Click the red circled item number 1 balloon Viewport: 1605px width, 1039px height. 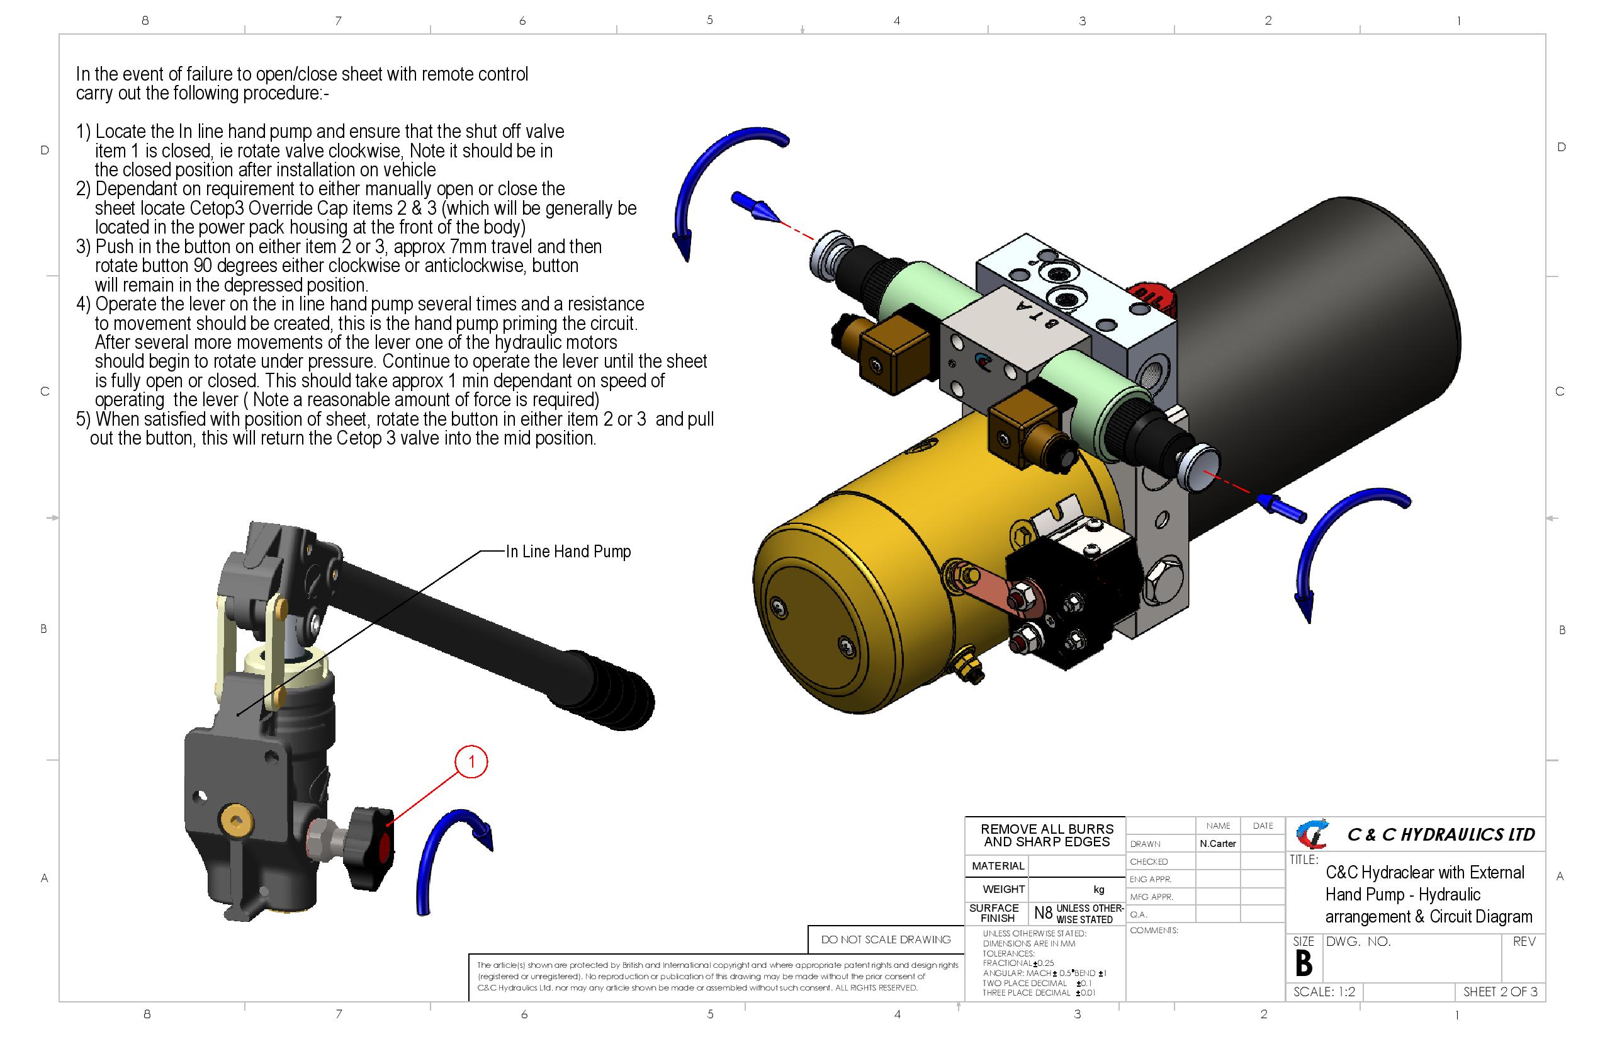click(x=471, y=762)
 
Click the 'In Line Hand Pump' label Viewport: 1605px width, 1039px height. click(x=568, y=551)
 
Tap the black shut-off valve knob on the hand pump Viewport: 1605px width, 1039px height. click(x=370, y=848)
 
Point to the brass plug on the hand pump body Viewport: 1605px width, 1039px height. click(x=235, y=820)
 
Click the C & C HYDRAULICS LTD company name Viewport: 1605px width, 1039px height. click(x=1441, y=834)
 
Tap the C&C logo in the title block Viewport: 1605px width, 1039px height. click(x=1312, y=834)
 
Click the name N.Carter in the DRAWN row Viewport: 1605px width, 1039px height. click(x=1217, y=843)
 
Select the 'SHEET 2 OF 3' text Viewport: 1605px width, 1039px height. click(x=1500, y=992)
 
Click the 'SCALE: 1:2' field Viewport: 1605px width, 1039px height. click(x=1324, y=992)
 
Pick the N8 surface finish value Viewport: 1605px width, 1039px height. click(x=1042, y=913)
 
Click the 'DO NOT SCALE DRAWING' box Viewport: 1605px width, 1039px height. click(x=886, y=939)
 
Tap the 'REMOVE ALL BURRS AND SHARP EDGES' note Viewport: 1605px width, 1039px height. click(x=1047, y=835)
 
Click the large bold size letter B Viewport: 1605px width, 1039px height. click(x=1304, y=963)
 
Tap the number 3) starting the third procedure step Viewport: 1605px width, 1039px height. click(x=83, y=247)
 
